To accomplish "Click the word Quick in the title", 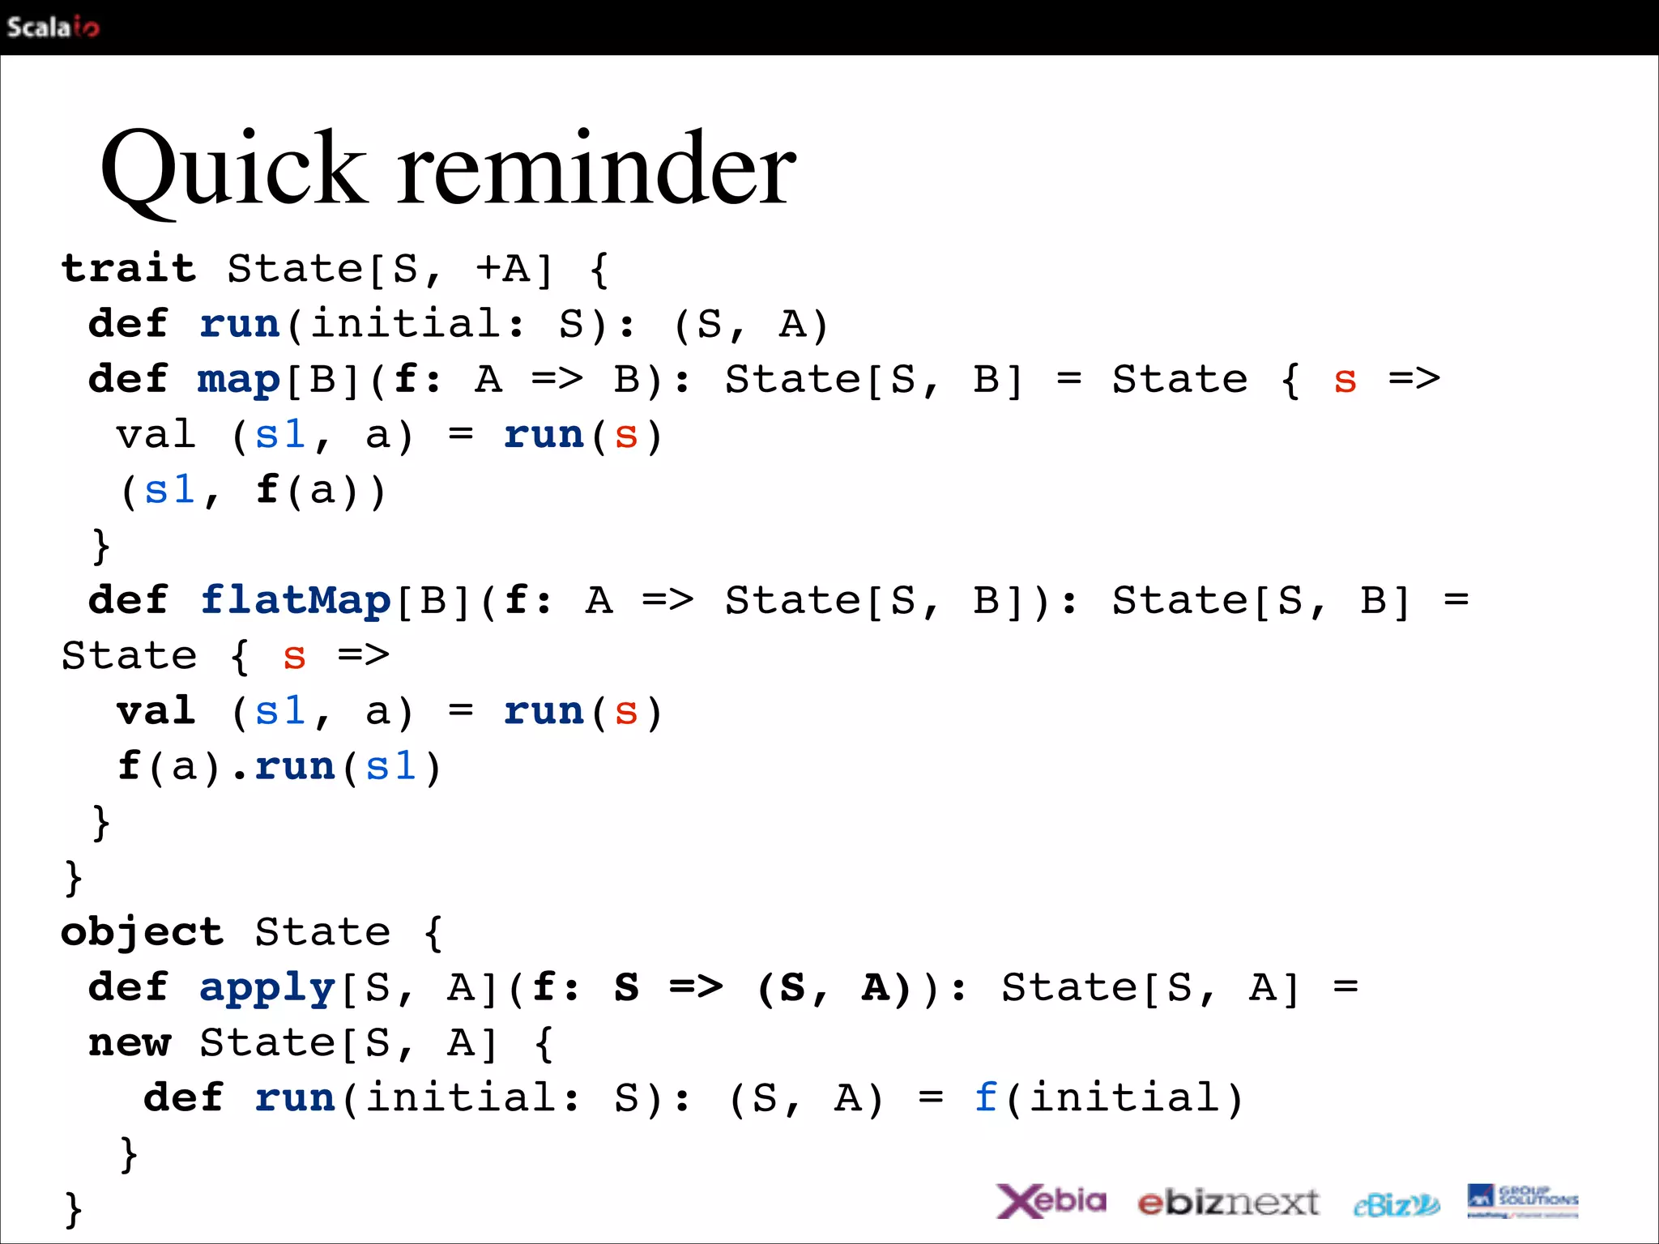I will click(233, 170).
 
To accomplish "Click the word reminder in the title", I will click(597, 170).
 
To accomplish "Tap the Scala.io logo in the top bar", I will click(53, 28).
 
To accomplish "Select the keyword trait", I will click(129, 268).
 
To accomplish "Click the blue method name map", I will click(238, 379).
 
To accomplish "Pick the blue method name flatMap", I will click(296, 600).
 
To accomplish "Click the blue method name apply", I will click(267, 987).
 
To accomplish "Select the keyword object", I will click(142, 932).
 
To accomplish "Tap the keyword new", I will click(130, 1042).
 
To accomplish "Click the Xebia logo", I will click(1051, 1201).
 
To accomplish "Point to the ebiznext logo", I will click(1228, 1203).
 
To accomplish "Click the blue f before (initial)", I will click(985, 1097).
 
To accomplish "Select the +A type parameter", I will click(502, 268).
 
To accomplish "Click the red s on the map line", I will click(1345, 379).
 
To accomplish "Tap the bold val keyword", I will click(156, 711).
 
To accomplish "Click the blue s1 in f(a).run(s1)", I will click(391, 766).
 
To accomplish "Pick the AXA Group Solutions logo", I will click(1522, 1200).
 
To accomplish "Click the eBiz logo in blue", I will click(1396, 1205).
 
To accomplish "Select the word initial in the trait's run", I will click(407, 324).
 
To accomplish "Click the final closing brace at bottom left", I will click(73, 1209).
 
